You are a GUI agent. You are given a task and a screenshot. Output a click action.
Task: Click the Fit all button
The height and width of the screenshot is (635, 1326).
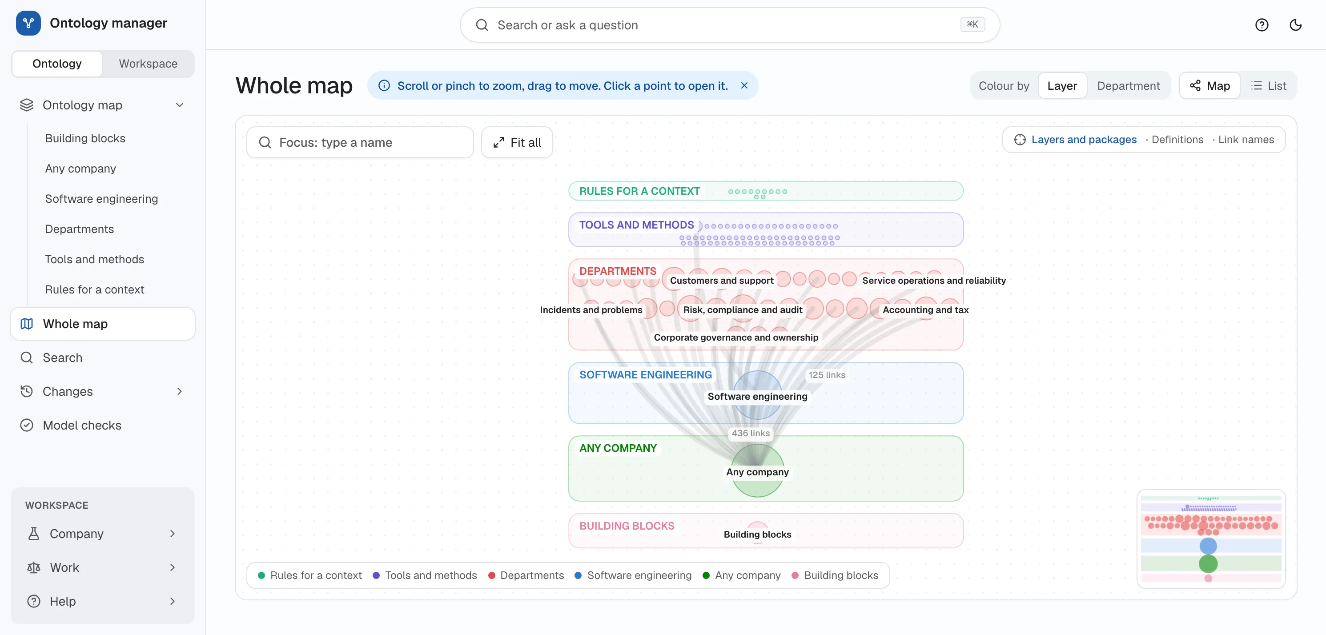[517, 143]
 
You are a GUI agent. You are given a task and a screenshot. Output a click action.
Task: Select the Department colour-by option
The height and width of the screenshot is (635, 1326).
[1128, 86]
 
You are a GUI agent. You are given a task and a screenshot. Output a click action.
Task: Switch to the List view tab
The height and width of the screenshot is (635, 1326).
[1269, 86]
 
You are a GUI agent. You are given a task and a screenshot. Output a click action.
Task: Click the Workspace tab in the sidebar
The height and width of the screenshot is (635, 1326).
[148, 64]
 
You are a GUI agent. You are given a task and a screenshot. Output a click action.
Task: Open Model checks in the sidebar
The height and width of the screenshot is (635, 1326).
[82, 425]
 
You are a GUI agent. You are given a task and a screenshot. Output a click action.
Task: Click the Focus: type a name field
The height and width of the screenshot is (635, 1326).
[360, 143]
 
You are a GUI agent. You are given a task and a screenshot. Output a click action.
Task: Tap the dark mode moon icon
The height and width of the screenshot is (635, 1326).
[1295, 25]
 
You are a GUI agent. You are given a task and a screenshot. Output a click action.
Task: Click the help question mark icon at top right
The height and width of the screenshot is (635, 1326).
[1262, 25]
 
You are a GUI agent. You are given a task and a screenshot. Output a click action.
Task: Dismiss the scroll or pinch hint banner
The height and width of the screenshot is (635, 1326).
[744, 85]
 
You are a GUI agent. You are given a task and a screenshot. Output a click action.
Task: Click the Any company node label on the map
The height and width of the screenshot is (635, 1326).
[757, 472]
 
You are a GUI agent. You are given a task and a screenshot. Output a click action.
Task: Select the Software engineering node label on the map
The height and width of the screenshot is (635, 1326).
[757, 396]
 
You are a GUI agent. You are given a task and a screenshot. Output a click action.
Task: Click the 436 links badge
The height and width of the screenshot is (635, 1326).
[751, 433]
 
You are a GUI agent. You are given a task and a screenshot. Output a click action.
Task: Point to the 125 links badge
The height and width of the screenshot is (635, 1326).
[827, 375]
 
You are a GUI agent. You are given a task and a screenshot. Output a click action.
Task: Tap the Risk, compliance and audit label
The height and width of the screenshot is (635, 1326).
[742, 310]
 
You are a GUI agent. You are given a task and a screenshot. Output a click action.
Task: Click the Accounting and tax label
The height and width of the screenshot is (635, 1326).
[925, 310]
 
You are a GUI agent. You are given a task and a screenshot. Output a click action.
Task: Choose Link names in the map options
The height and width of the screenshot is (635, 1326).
[1246, 140]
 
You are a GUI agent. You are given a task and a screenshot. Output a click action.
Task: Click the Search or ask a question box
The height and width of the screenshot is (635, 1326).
[729, 25]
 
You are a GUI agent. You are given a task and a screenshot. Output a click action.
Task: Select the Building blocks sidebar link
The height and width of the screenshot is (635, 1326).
[85, 138]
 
